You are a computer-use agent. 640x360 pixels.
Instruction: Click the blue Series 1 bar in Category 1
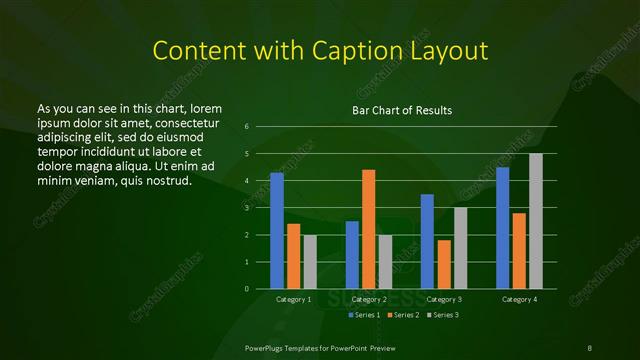277,231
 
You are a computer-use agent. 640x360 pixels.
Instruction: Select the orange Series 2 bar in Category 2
369,229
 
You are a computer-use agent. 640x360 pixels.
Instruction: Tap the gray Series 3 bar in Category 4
536,221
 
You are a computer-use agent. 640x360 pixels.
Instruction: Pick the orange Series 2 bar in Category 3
444,264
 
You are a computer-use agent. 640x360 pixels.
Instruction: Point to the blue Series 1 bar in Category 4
503,228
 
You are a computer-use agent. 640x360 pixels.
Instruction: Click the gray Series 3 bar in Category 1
310,262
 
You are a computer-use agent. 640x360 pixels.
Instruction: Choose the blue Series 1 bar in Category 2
352,255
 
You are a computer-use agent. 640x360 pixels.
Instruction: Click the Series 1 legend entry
362,315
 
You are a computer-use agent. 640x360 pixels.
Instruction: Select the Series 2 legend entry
401,315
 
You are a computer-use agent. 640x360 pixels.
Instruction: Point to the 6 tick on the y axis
246,127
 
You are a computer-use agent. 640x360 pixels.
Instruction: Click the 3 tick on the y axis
246,208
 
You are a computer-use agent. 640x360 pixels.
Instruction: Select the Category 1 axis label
293,299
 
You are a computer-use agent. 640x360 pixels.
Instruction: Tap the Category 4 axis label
519,299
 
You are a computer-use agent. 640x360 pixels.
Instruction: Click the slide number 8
590,347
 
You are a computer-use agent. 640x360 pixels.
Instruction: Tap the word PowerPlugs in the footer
267,347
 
